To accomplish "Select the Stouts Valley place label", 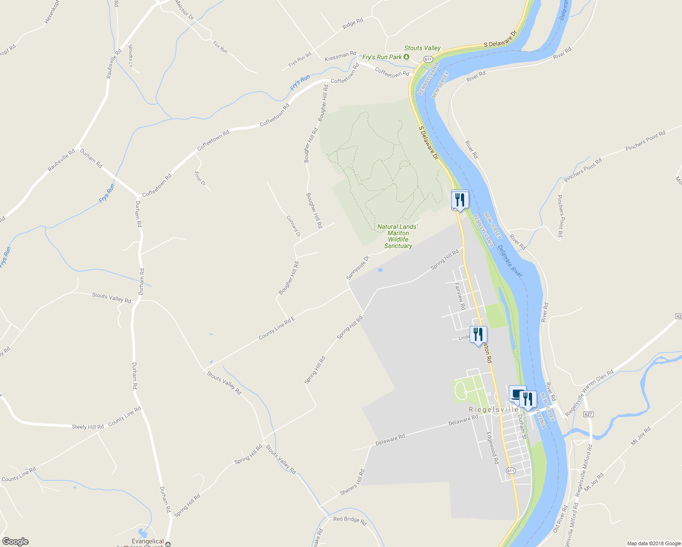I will [422, 48].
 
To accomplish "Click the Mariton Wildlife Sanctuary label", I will [398, 236].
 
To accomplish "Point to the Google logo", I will [15, 542].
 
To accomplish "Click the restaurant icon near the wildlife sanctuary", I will [460, 200].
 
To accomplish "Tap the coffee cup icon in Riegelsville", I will [517, 394].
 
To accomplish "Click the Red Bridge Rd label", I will [350, 520].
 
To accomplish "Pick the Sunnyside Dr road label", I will [357, 268].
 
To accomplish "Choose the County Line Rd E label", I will [276, 327].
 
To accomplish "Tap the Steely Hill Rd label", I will [88, 427].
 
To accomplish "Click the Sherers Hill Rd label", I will [352, 482].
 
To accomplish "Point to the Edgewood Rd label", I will [492, 448].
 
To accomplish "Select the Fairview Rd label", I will [460, 296].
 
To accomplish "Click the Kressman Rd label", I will [340, 57].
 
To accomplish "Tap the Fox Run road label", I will [220, 46].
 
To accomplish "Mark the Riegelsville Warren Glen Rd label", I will [589, 393].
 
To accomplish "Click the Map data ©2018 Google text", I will [654, 543].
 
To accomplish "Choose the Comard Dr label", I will [293, 226].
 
